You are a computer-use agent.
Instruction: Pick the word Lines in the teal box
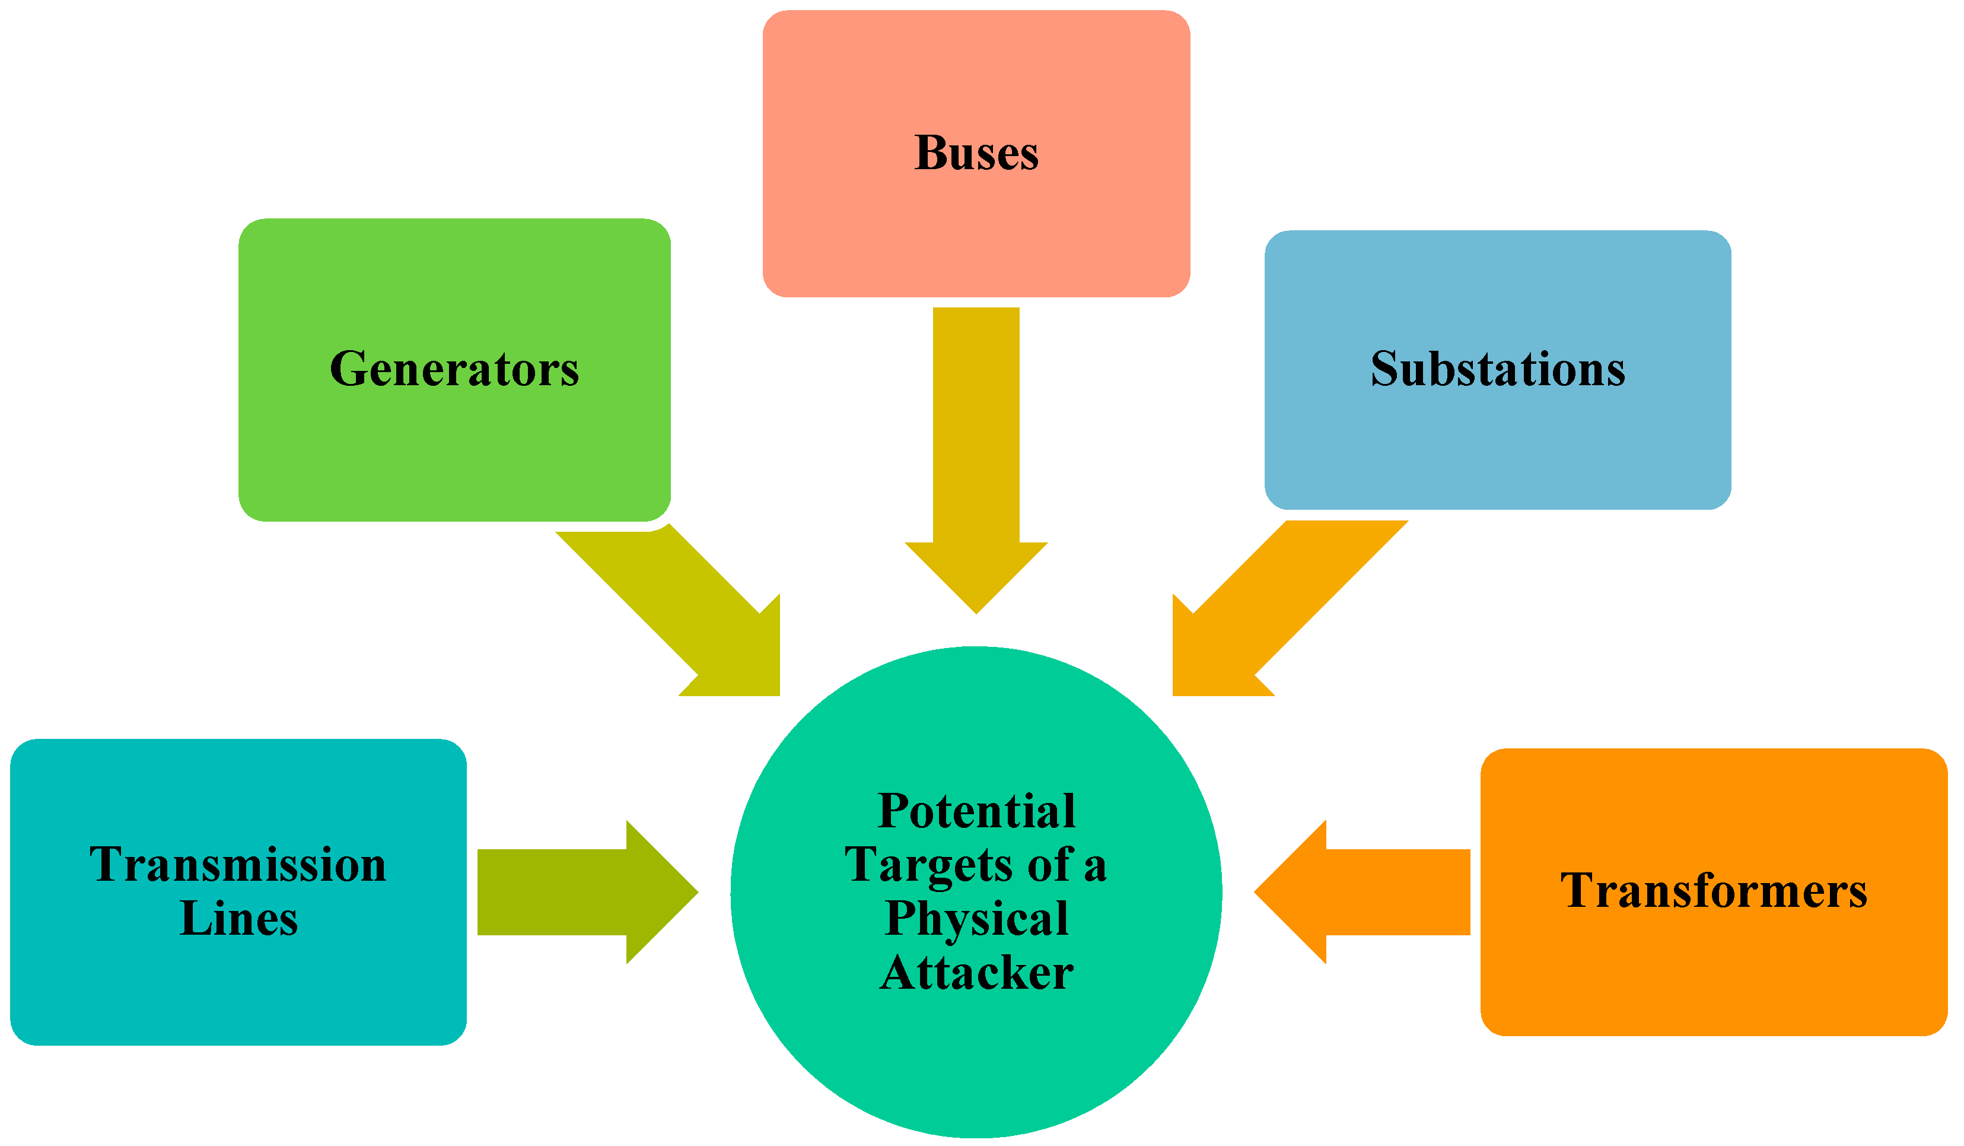coord(238,918)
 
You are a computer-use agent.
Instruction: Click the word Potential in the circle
coord(976,811)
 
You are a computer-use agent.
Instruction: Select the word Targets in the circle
coord(928,865)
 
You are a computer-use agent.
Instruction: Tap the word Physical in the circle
coord(976,918)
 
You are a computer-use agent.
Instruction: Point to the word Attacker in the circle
coord(976,972)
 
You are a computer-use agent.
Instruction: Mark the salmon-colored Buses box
coord(976,234)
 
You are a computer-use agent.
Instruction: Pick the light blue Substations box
coord(1497,452)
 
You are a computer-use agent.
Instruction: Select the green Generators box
coord(454,460)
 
